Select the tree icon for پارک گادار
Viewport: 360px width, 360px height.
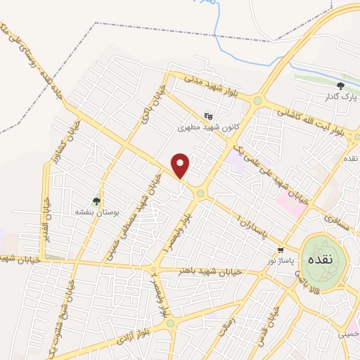340,86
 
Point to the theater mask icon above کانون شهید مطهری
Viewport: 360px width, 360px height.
207,116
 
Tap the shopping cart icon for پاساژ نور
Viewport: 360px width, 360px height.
281,250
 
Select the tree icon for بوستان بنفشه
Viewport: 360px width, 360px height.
97,202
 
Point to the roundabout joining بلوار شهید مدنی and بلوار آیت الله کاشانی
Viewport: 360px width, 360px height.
257,101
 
